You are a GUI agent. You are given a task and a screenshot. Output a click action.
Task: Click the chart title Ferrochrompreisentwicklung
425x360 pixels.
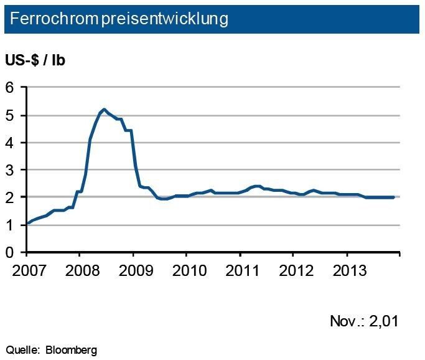116,19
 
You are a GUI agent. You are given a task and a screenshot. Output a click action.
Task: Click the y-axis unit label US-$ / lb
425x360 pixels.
35,61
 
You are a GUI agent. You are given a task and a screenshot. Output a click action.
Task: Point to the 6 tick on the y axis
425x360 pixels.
10,88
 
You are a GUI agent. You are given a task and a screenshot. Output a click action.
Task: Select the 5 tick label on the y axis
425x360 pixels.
10,115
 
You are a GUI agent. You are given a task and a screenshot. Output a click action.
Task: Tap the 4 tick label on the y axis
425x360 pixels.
10,143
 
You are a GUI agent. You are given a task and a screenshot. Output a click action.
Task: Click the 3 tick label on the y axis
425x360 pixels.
10,170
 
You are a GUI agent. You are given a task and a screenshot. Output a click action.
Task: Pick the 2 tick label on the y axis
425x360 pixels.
10,197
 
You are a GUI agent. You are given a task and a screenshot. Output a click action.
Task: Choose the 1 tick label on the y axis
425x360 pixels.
10,225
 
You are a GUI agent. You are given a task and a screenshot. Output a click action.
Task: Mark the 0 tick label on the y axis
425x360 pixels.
10,252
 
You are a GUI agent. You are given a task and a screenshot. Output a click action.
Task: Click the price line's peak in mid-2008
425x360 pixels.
103,110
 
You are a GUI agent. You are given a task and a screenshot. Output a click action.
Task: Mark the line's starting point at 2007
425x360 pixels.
27,223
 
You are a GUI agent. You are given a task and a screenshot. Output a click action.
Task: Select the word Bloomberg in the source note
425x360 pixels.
71,350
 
